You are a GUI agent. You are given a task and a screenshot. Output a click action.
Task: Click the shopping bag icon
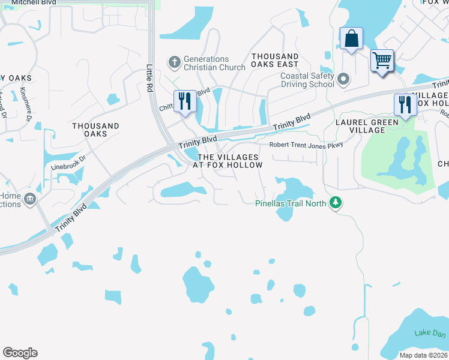click(351, 39)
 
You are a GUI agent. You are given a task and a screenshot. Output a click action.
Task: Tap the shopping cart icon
click(382, 61)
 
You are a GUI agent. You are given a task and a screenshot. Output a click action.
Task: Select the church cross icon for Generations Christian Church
click(175, 62)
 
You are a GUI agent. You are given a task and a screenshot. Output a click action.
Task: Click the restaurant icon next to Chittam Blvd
click(184, 101)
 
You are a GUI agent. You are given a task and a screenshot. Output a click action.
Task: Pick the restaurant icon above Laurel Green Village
click(404, 105)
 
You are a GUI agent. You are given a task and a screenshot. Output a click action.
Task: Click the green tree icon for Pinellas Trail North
click(337, 203)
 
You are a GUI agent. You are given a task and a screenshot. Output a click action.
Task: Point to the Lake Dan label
click(430, 334)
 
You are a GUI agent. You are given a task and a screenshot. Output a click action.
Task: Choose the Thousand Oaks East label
click(275, 60)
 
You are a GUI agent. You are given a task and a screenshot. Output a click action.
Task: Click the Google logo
click(20, 353)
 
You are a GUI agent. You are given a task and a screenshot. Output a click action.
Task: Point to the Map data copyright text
click(424, 355)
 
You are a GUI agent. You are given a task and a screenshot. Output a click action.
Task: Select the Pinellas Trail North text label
click(291, 203)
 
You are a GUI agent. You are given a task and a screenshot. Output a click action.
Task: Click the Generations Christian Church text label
click(214, 63)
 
